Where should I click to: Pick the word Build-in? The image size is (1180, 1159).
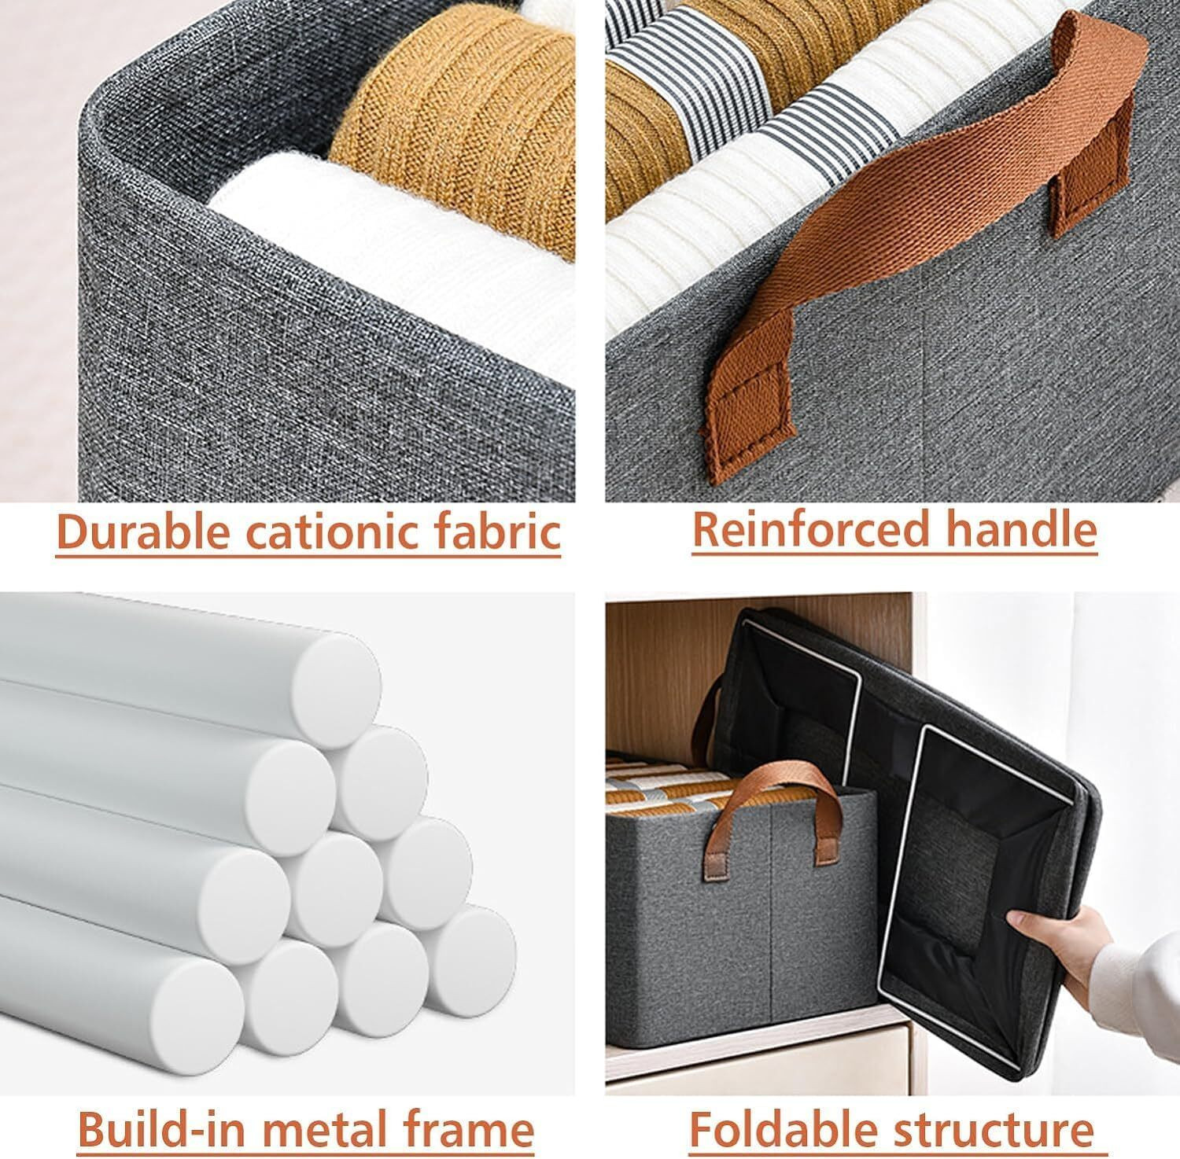[x=157, y=1129]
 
